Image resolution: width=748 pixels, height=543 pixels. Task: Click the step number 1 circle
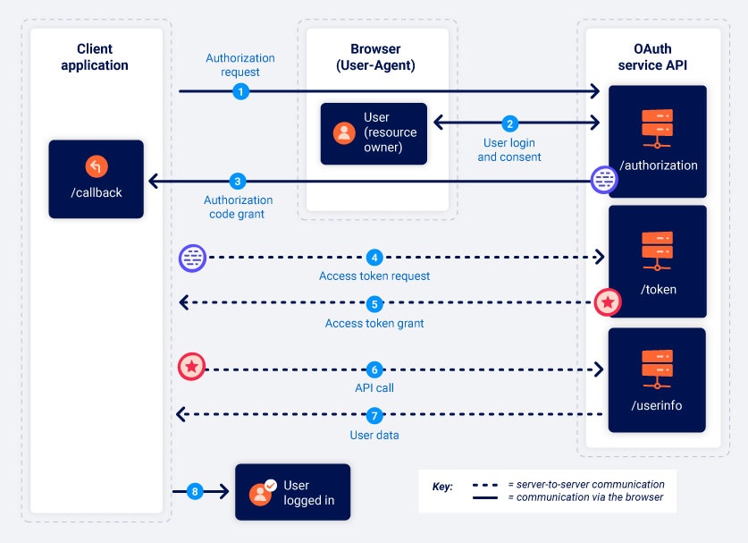coord(240,91)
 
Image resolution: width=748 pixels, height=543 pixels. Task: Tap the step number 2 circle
coord(510,123)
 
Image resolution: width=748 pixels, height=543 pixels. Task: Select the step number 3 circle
coord(237,181)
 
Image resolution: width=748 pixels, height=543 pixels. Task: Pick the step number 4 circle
coord(375,258)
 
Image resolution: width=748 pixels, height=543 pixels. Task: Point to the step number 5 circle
coord(375,303)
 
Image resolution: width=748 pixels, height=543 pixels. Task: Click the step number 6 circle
coord(375,369)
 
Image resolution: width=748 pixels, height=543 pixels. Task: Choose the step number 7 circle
coord(374,415)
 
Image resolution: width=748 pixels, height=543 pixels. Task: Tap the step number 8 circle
coord(196,491)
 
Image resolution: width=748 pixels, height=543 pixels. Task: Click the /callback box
coord(96,179)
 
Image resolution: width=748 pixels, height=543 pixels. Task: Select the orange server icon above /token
coord(657,250)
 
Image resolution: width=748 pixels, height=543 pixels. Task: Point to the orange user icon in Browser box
coord(344,133)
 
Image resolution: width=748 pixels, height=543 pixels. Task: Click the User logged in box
coord(292,492)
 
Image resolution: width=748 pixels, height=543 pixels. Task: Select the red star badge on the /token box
coord(608,303)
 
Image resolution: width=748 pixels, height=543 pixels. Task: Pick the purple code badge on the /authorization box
coord(605,181)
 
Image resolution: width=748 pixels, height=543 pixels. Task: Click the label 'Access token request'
coord(374,276)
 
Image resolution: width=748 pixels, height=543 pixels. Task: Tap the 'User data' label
coord(374,436)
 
